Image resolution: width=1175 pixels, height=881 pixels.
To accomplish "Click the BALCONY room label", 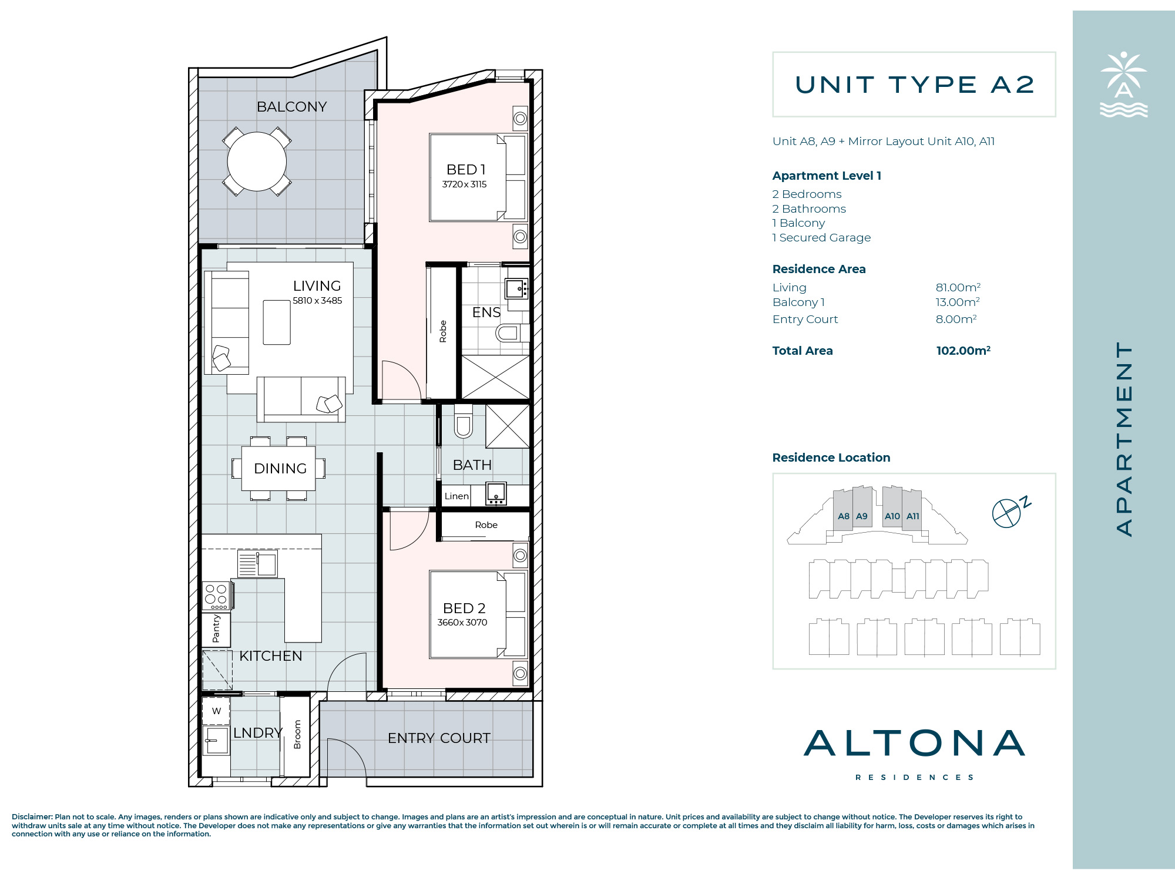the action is (291, 107).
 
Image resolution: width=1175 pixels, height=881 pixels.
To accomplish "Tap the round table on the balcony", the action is (257, 162).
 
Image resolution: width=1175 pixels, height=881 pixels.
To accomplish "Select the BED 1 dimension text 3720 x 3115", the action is (464, 184).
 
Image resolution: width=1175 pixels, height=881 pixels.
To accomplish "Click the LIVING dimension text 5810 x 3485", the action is (317, 301).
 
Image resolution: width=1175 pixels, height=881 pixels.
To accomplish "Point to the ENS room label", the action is (486, 312).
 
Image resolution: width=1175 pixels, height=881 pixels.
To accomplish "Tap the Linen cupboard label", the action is (456, 496).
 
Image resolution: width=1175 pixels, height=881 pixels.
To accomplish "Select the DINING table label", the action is (280, 469).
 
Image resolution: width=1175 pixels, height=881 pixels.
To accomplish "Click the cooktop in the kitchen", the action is (216, 596).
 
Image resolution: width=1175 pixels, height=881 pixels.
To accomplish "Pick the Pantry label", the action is (216, 628).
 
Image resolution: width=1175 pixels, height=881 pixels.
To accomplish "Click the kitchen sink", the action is (258, 564).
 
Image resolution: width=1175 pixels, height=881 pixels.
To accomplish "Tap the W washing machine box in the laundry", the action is (216, 711).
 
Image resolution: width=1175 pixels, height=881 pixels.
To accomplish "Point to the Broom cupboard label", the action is (297, 735).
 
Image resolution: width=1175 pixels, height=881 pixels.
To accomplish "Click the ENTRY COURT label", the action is (439, 738).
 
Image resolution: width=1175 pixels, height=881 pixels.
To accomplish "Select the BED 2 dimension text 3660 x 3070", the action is (462, 623).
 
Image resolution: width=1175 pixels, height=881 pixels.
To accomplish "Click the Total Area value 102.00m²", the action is (963, 351).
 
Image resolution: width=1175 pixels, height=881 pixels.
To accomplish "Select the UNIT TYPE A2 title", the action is (914, 85).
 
